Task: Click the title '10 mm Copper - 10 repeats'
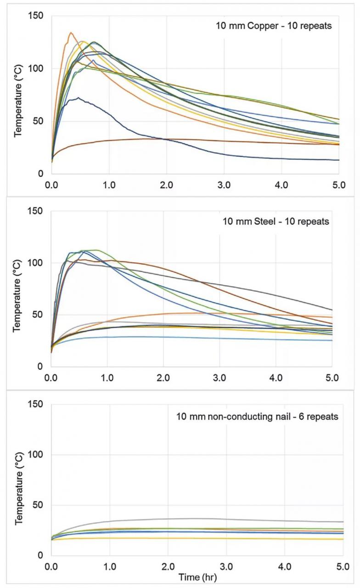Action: coord(274,26)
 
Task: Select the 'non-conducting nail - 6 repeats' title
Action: coord(258,417)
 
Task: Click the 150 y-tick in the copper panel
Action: coord(36,16)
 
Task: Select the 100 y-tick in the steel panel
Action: coord(36,263)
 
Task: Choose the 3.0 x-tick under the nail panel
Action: coord(226,565)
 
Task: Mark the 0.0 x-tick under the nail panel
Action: coord(51,565)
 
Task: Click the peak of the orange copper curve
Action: coord(71,33)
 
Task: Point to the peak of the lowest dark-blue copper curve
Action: coord(79,98)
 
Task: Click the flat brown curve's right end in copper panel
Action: coord(338,144)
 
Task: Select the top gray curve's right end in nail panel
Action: coord(343,522)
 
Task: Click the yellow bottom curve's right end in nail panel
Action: coord(343,539)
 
